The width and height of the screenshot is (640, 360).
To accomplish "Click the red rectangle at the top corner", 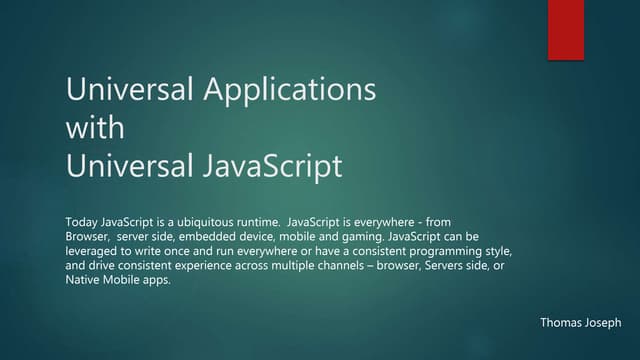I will pyautogui.click(x=565, y=30).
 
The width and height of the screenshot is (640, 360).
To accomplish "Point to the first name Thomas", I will pyautogui.click(x=561, y=323).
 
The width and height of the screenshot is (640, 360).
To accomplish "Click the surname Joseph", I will pyautogui.click(x=604, y=323).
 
